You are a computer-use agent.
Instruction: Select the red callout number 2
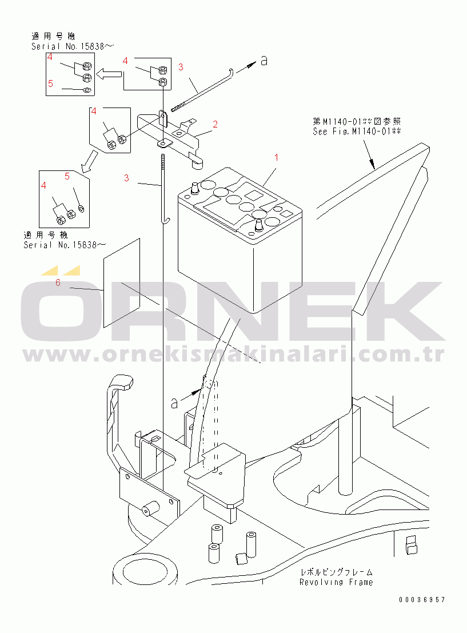click(x=215, y=124)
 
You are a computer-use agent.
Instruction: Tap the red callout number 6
click(x=58, y=282)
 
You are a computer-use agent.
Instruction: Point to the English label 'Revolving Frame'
click(x=336, y=582)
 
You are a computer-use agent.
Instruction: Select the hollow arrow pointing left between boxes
click(x=109, y=73)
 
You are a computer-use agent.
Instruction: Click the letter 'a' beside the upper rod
click(x=264, y=61)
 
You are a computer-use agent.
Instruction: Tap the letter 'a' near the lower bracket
click(x=174, y=403)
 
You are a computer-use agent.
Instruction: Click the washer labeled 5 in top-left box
click(x=86, y=90)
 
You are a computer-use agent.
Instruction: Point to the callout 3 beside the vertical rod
click(x=126, y=178)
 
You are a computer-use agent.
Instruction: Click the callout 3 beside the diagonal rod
click(x=181, y=67)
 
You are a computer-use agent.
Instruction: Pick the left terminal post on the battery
click(x=194, y=187)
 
